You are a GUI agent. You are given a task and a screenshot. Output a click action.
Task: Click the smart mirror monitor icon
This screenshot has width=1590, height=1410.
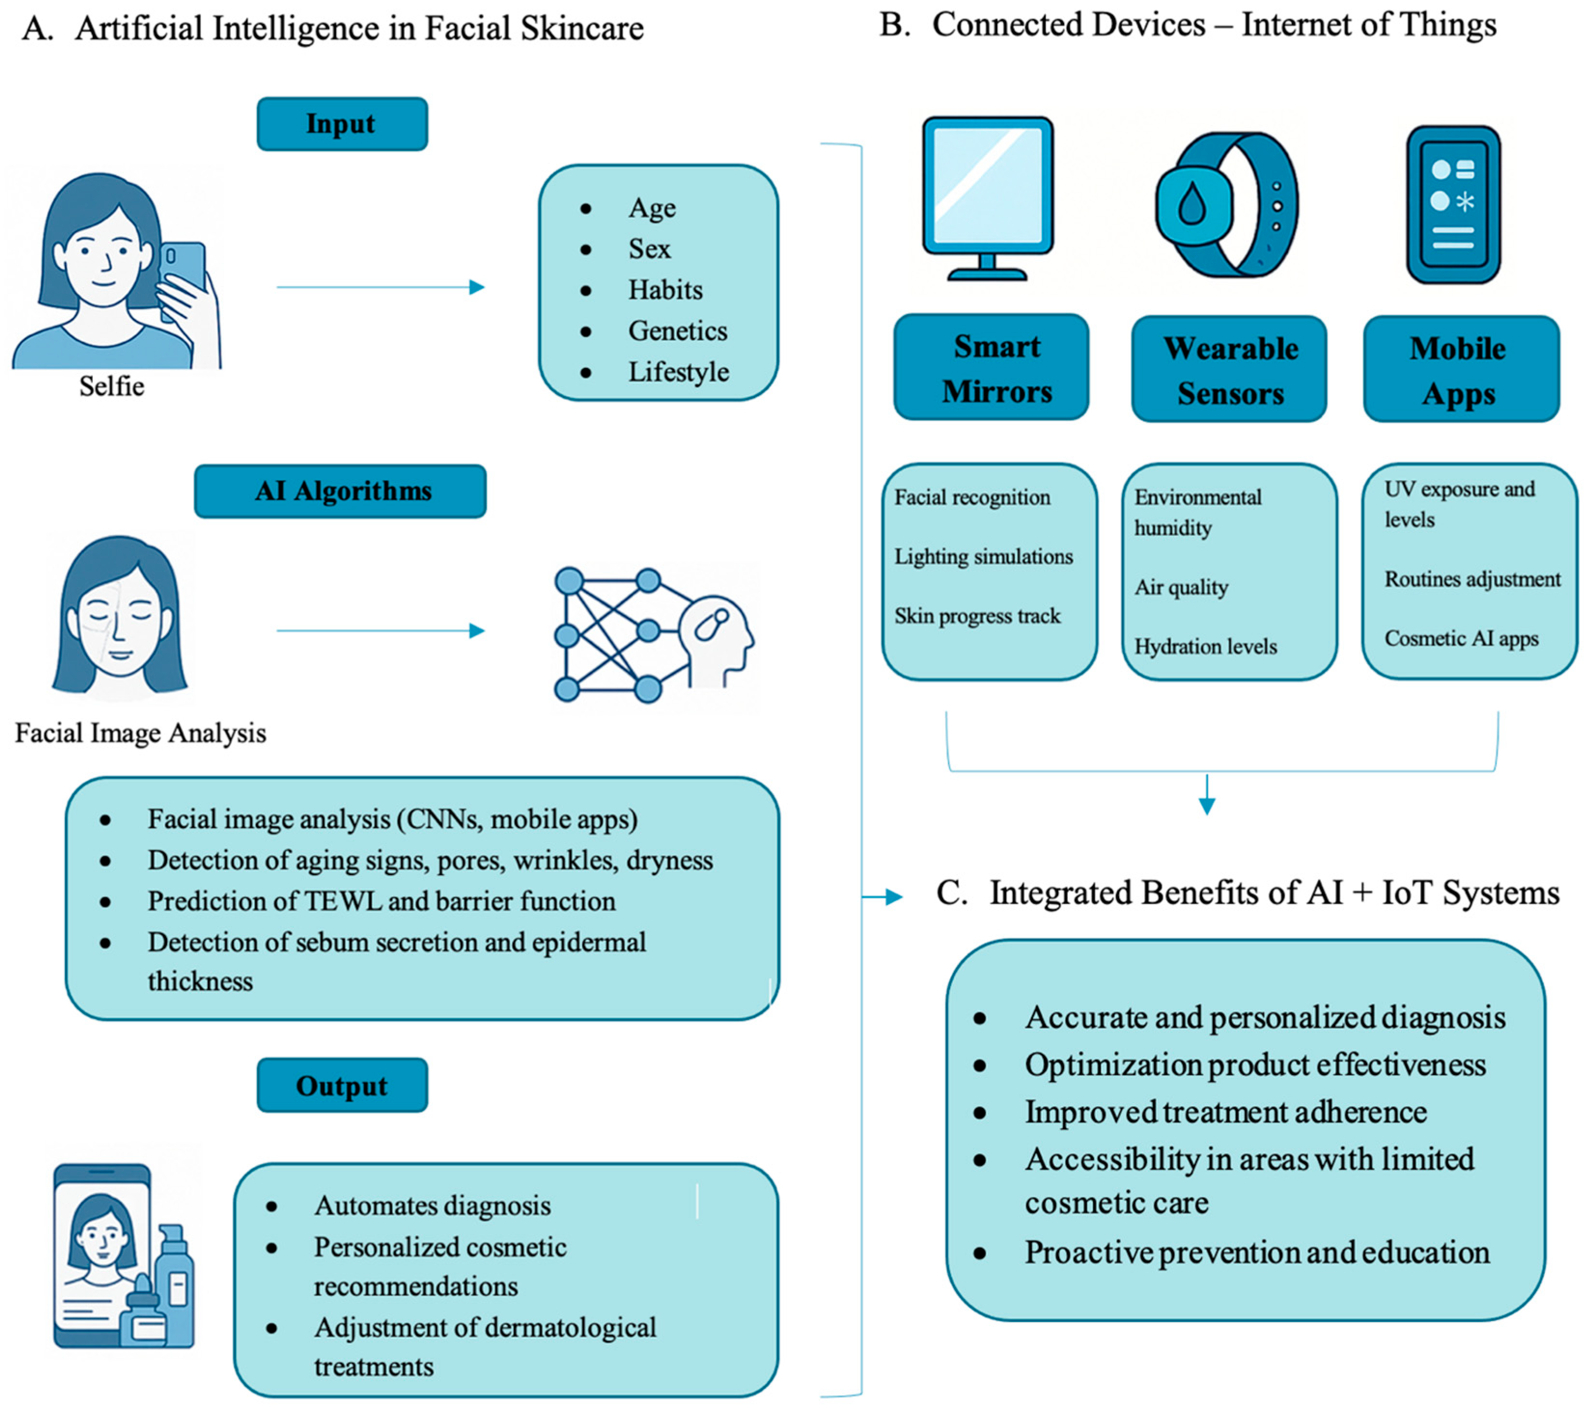988,194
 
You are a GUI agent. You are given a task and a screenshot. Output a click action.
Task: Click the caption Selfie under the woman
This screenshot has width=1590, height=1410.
112,386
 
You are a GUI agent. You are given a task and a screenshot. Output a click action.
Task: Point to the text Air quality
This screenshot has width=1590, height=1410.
1181,587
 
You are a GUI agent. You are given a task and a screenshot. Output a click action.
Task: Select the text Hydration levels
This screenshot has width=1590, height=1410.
1205,646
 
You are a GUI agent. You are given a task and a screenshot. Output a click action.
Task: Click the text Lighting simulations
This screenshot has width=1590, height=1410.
983,557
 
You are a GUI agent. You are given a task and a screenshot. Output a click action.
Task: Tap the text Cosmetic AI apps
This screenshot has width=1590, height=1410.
1461,639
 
